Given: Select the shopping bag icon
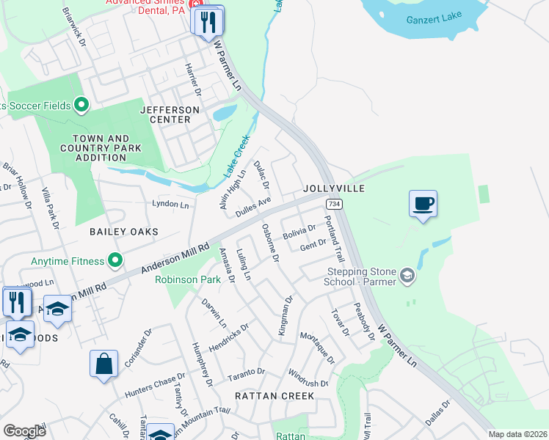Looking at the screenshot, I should pyautogui.click(x=103, y=364).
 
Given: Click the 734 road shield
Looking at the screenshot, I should pyautogui.click(x=334, y=203).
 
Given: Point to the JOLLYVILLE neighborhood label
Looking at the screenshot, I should pyautogui.click(x=334, y=188).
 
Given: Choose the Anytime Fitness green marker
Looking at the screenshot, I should pyautogui.click(x=115, y=260).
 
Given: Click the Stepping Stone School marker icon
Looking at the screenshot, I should pyautogui.click(x=407, y=276).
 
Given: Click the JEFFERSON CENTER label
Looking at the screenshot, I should pyautogui.click(x=170, y=115).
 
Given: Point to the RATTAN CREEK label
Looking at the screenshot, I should pyautogui.click(x=274, y=396).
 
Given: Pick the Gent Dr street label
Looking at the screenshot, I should pyautogui.click(x=313, y=245).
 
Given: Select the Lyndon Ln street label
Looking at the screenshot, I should pyautogui.click(x=170, y=203).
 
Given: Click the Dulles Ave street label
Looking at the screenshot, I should pyautogui.click(x=253, y=206).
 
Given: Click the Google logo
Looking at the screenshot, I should pyautogui.click(x=24, y=431).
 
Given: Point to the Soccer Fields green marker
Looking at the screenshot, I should pyautogui.click(x=81, y=106).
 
